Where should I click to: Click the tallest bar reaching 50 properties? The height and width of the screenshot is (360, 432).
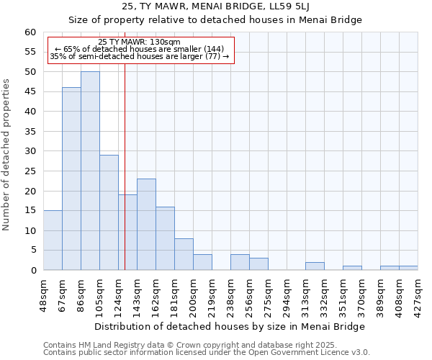[x=90, y=171]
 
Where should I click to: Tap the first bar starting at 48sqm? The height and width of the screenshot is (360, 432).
[x=53, y=240]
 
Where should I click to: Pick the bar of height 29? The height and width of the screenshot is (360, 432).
[x=109, y=212]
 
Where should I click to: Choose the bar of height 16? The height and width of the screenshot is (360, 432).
[x=165, y=238]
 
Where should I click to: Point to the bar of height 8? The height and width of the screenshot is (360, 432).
[x=184, y=254]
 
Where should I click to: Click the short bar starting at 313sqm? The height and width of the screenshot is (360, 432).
[x=315, y=266]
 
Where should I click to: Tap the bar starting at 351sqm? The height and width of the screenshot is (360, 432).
[x=352, y=268]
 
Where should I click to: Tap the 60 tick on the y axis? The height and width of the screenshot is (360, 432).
[x=30, y=32]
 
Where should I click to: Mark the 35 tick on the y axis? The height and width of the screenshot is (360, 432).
[x=30, y=132]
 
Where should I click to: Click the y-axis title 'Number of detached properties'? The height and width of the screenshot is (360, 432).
[x=6, y=155]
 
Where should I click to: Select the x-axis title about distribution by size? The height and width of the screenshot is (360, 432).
[x=230, y=326]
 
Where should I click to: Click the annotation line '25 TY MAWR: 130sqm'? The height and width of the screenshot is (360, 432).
[x=140, y=42]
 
